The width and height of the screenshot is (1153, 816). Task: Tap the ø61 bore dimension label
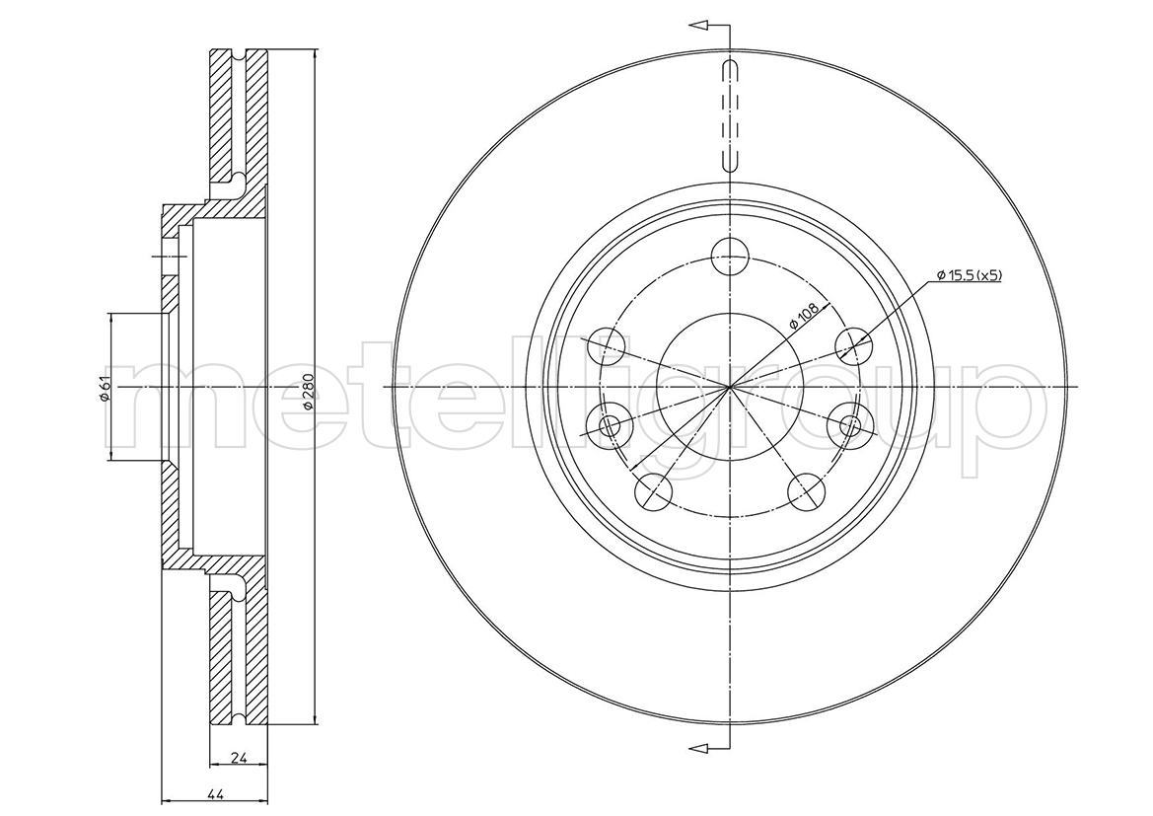coord(105,388)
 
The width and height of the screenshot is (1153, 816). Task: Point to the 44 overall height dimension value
coord(215,794)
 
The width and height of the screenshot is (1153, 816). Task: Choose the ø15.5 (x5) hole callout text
coord(970,275)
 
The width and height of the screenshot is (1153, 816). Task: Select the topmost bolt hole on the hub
coord(730,256)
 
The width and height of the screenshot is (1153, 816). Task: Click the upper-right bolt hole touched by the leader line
coord(854,344)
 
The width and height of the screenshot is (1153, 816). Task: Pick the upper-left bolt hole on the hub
coord(607,344)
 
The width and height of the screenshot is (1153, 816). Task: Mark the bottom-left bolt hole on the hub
coord(654,490)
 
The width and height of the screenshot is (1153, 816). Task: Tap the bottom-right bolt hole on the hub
coord(805,490)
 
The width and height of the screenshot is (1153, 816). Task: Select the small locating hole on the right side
coord(851,425)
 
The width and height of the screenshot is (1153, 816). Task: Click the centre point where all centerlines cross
coord(730,387)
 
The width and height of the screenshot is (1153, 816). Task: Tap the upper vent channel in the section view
coord(239,117)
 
